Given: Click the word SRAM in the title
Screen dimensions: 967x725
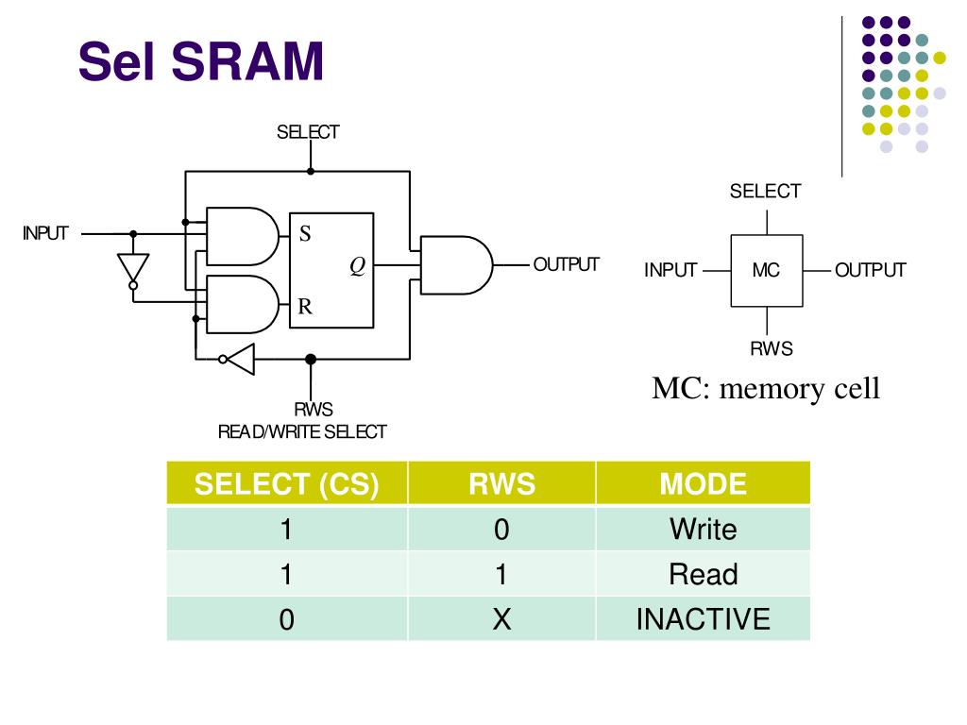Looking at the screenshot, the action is pos(247,60).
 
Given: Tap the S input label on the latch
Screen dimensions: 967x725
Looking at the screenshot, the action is pos(305,234).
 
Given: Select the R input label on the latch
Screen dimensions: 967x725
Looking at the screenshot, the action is pos(305,306).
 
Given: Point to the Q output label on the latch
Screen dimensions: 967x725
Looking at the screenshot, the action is pos(358,265).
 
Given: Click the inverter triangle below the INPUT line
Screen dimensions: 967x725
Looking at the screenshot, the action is pos(133,267).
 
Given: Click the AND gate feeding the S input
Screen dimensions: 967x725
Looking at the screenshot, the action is pos(243,237).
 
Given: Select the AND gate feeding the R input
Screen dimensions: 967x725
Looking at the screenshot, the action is pos(243,305).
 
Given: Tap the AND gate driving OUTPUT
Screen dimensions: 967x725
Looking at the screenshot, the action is pos(456,265).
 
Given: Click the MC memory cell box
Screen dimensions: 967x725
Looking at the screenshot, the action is pos(767,271).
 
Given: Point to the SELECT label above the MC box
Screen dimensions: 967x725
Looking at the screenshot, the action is pos(765,191).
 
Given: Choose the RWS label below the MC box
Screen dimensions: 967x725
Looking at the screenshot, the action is pos(772,349).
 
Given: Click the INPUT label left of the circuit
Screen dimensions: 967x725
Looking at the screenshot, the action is pos(45,234).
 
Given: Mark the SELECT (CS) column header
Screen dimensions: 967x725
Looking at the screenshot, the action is pos(287,484).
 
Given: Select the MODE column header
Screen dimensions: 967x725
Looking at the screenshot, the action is pos(703,484).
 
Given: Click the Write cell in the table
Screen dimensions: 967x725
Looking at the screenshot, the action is pos(703,530).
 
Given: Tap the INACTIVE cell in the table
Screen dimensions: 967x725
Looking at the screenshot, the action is pos(703,619).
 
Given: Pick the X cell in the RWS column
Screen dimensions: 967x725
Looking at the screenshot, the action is pos(502,619).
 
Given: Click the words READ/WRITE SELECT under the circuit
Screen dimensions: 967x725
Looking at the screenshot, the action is pos(302,432).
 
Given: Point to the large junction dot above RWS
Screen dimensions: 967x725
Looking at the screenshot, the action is pos(311,359).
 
